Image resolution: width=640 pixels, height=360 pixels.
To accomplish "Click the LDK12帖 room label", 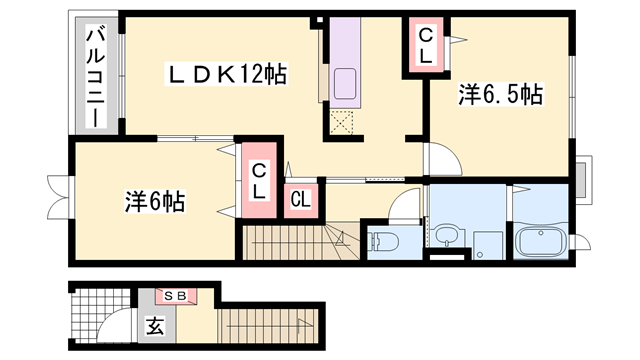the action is pyautogui.click(x=226, y=74).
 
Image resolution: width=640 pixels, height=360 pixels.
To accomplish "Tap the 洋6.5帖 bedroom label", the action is pyautogui.click(x=500, y=95).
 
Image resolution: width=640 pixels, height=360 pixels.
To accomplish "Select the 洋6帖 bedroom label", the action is pyautogui.click(x=155, y=202).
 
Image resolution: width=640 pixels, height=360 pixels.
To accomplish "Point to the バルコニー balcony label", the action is pyautogui.click(x=96, y=77).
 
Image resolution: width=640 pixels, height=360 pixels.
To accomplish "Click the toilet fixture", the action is pyautogui.click(x=382, y=242).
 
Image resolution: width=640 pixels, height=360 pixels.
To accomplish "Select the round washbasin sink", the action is pyautogui.click(x=447, y=235).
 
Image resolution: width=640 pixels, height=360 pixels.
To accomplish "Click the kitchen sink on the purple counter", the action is pyautogui.click(x=345, y=84).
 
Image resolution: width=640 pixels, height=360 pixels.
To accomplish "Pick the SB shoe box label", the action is pyautogui.click(x=175, y=296).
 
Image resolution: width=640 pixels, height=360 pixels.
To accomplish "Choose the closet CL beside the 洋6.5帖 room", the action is pyautogui.click(x=425, y=45).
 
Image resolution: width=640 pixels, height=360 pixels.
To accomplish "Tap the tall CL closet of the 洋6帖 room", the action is pyautogui.click(x=259, y=180).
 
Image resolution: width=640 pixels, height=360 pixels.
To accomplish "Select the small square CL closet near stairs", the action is pyautogui.click(x=301, y=200).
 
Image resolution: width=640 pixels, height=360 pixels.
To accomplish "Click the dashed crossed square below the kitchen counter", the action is pyautogui.click(x=341, y=122).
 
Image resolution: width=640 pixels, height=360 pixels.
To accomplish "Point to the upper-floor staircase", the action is pyautogui.click(x=301, y=242).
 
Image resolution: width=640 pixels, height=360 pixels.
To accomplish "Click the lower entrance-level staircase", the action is pyautogui.click(x=268, y=326).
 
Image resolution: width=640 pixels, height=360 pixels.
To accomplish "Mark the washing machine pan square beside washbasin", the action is pyautogui.click(x=489, y=245).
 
